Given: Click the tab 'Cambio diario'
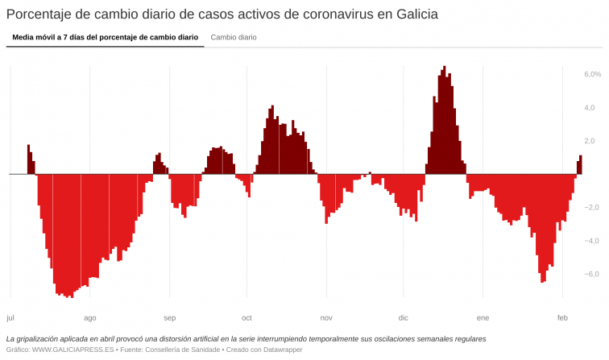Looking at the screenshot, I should click(234, 37).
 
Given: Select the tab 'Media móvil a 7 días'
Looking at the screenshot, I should click(105, 37).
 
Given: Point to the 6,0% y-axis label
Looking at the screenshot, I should click(592, 74).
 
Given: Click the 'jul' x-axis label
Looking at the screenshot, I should click(10, 318).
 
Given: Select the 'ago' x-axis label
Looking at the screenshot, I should click(89, 318).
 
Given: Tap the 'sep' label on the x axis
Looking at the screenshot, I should click(170, 318).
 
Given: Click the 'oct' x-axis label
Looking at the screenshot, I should click(247, 318).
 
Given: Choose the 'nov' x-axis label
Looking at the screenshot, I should click(326, 318).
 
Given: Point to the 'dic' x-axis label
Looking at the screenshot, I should click(404, 318).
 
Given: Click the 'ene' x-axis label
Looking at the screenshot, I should click(483, 318).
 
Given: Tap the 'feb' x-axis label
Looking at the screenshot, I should click(562, 318).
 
